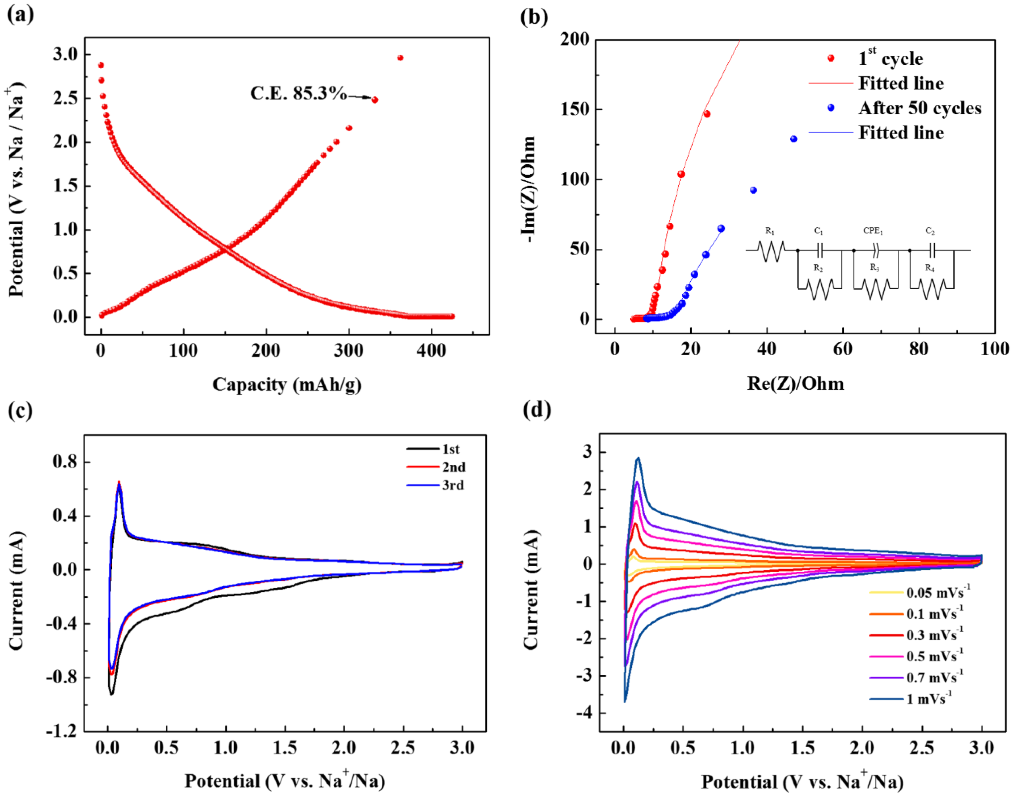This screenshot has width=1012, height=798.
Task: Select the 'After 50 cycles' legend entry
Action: point(919,108)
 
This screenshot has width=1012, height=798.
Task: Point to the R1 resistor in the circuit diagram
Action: point(771,250)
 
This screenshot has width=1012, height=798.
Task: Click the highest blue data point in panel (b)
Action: point(794,139)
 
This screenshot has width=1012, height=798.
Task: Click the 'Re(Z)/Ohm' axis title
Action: point(795,384)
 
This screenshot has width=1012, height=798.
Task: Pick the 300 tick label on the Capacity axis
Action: point(348,351)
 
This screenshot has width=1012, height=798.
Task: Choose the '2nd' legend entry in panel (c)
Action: point(453,467)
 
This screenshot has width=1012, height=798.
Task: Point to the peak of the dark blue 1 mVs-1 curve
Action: point(638,458)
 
